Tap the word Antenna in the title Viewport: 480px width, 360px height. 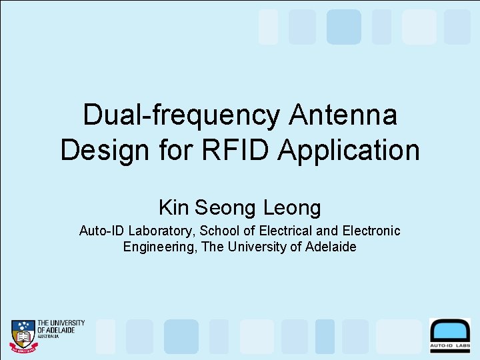pyautogui.click(x=343, y=115)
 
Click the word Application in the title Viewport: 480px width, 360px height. pyautogui.click(x=349, y=150)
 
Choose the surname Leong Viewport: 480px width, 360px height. pyautogui.click(x=292, y=208)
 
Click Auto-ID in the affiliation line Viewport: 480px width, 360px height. pyautogui.click(x=102, y=231)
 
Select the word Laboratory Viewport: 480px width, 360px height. pyautogui.click(x=157, y=231)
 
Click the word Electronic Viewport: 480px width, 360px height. pyautogui.click(x=371, y=231)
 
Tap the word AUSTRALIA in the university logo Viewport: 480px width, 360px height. pyautogui.click(x=49, y=337)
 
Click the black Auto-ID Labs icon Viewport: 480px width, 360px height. pyautogui.click(x=450, y=330)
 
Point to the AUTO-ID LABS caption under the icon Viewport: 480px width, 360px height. pyautogui.click(x=450, y=347)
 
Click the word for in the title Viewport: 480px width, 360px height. pyautogui.click(x=179, y=150)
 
